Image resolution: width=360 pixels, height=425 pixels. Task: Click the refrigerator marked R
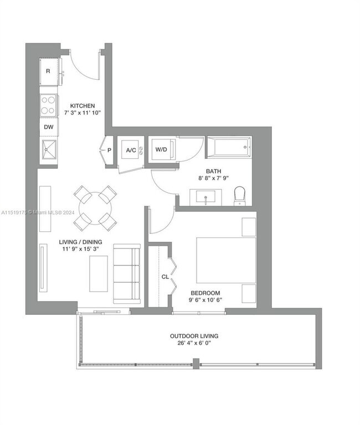(x=49, y=71)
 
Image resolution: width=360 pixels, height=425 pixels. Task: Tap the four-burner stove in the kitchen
(x=49, y=106)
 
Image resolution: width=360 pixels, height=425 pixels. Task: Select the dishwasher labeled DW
(x=49, y=127)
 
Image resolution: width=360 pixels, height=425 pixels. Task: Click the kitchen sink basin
(x=49, y=149)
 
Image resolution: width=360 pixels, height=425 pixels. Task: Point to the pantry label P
(x=109, y=150)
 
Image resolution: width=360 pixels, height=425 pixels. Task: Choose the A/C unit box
(x=131, y=150)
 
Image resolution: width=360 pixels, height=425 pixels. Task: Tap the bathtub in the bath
(x=229, y=147)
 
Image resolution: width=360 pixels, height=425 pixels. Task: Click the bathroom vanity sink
(x=205, y=197)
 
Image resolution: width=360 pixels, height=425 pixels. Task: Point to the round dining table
(x=95, y=208)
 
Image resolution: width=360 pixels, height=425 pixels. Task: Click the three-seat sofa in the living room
(x=127, y=274)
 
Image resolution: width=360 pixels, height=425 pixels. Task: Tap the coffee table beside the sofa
(x=99, y=274)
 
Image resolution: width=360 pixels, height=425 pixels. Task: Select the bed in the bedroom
(x=226, y=260)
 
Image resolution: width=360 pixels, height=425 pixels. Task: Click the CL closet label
(x=165, y=277)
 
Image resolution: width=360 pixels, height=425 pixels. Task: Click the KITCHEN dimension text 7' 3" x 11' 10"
(x=83, y=113)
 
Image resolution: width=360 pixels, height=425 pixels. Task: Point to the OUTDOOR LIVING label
(x=194, y=336)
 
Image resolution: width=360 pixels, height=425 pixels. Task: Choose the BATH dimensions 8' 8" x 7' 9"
(x=213, y=178)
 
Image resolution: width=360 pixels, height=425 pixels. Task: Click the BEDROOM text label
(x=205, y=293)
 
